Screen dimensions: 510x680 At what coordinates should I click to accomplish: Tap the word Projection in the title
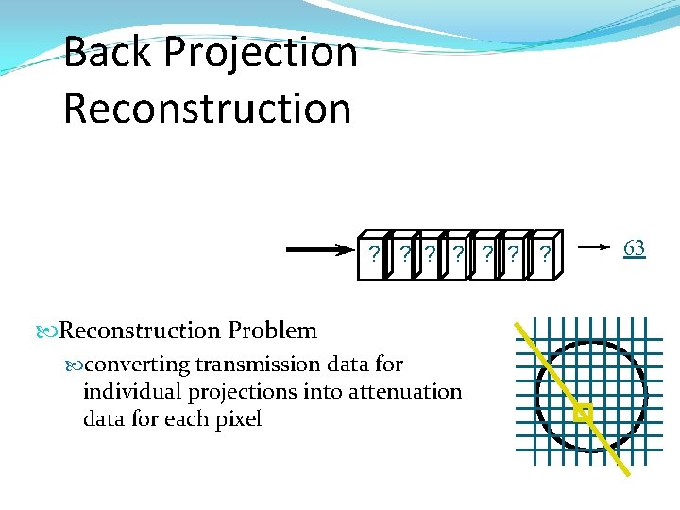260,54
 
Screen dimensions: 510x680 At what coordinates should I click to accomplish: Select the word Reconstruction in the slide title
207,107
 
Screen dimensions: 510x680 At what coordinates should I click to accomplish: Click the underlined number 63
634,248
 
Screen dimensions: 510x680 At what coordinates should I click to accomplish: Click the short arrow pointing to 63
593,248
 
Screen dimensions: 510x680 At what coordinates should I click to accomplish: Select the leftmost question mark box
375,254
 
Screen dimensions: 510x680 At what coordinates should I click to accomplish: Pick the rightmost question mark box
545,254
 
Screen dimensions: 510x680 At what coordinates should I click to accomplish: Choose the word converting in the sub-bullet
127,365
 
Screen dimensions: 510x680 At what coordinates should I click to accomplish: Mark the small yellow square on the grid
583,414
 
